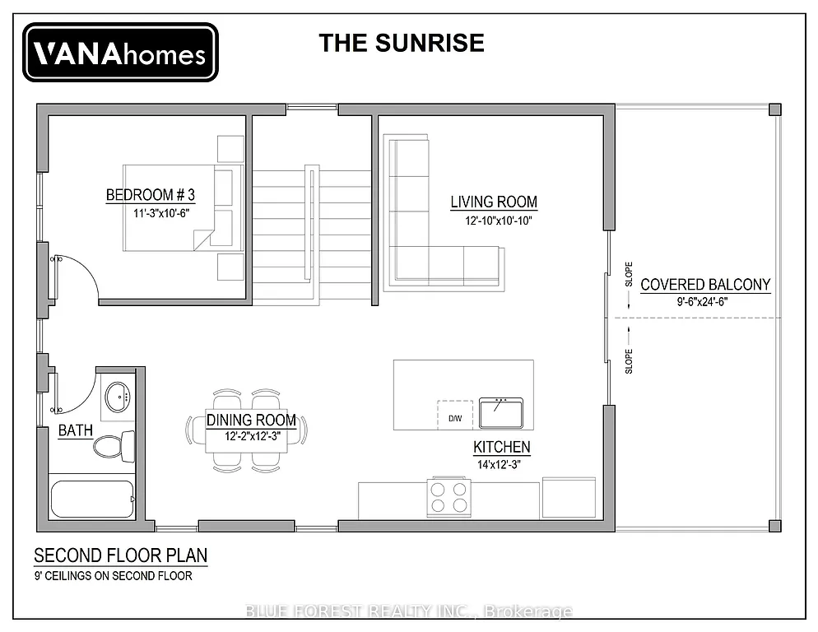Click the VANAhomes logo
click(x=120, y=53)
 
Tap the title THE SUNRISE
click(x=402, y=43)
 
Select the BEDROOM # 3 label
click(x=151, y=195)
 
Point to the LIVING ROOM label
click(x=494, y=202)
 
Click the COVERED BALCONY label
click(x=705, y=286)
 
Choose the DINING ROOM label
click(x=251, y=421)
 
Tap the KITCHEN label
click(x=501, y=448)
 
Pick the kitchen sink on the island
click(x=501, y=412)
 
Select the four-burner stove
click(x=449, y=496)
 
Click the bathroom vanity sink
click(x=120, y=396)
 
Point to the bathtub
click(x=92, y=500)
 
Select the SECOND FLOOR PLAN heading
click(x=120, y=556)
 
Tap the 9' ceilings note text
click(x=113, y=576)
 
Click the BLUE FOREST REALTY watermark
click(x=409, y=611)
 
